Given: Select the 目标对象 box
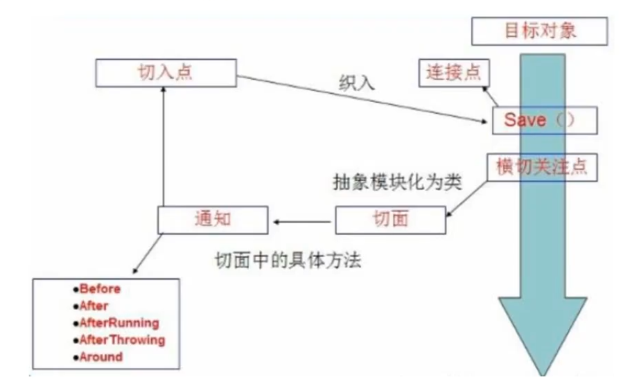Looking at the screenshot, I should pyautogui.click(x=540, y=32).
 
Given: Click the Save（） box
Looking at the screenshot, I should pyautogui.click(x=544, y=120).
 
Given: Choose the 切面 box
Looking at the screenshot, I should pyautogui.click(x=390, y=220).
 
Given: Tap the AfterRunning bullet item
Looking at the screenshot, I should pyautogui.click(x=119, y=323).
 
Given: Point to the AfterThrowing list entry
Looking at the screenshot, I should pyautogui.click(x=122, y=340).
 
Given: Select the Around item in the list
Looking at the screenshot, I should pyautogui.click(x=101, y=357).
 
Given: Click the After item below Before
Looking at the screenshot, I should pyautogui.click(x=94, y=306).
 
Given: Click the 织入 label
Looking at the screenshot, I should pyautogui.click(x=357, y=84).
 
